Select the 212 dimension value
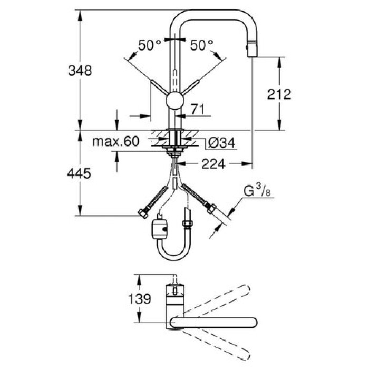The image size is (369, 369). [x=279, y=94]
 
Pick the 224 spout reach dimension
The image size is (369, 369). [x=213, y=164]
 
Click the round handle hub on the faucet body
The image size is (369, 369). [x=174, y=101]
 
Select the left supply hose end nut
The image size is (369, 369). [x=142, y=213]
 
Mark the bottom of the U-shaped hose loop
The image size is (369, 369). [x=174, y=259]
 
